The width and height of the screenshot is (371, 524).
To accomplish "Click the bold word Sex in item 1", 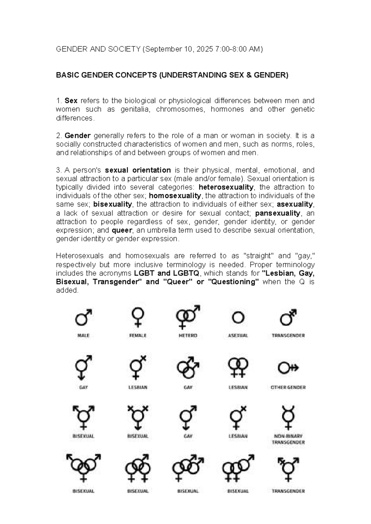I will coord(71,101).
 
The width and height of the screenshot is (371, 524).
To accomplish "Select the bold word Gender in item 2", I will coord(77,136).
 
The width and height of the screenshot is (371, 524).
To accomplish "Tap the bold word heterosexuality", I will coord(226,187).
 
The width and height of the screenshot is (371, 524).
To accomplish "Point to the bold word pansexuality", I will coord(278,213).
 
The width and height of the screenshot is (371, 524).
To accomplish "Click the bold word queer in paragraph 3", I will coord(122,230).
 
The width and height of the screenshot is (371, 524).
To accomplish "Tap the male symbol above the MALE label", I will coord(83,317).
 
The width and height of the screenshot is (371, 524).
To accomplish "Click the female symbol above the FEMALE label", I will coord(138,317).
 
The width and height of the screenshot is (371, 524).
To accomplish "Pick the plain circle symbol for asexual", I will coord(238,318).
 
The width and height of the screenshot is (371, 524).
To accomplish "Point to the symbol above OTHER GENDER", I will coord(288,368).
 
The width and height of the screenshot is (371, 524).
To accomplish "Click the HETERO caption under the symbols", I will coord(188,336).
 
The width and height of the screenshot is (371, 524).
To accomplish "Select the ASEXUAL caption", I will coord(238,336).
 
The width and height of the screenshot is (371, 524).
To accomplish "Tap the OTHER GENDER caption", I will coord(288,387).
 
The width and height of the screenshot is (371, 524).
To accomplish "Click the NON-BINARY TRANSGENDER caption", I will coord(288,439).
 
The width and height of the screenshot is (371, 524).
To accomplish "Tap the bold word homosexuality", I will coord(175,196).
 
